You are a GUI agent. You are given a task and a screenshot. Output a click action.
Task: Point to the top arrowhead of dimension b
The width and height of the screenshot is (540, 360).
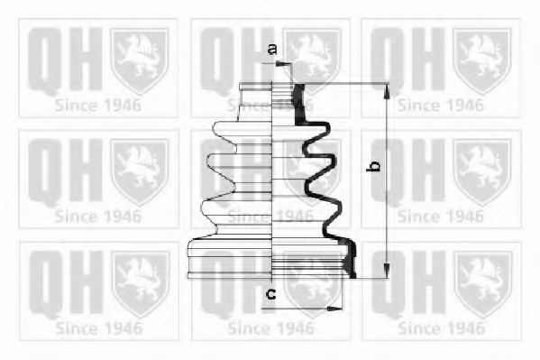387,88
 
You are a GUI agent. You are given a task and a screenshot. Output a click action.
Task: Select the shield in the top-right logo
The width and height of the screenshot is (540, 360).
482,60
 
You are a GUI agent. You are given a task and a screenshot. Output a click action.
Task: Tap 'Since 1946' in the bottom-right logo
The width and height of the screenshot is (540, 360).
441,327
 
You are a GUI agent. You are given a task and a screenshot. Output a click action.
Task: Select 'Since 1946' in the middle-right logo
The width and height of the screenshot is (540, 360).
441,216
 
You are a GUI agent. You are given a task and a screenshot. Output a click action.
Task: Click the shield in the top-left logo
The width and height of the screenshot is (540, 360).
140,60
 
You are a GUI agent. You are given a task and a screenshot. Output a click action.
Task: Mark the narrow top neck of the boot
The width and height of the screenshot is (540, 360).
274,95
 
